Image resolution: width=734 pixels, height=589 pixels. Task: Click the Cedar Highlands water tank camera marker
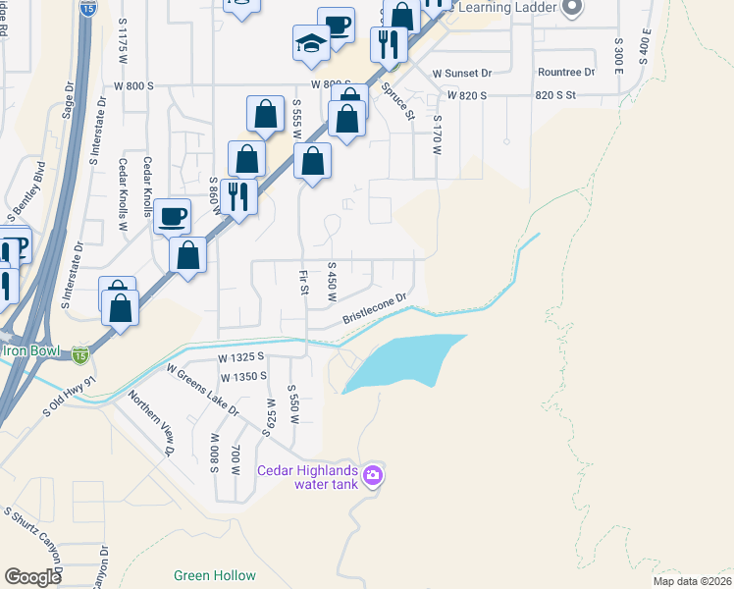click(x=372, y=477)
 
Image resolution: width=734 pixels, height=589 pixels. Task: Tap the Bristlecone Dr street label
click(x=374, y=309)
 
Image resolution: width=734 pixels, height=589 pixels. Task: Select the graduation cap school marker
click(x=310, y=43)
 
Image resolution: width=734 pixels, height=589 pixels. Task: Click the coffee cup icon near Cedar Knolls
click(x=172, y=216)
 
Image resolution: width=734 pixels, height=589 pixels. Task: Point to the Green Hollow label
click(x=214, y=576)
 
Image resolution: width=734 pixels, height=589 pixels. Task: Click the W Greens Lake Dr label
click(x=203, y=391)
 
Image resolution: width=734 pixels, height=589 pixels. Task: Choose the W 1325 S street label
click(x=242, y=359)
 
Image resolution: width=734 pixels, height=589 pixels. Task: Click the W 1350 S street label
click(x=244, y=377)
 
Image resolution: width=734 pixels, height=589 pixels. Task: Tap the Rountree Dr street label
click(x=566, y=73)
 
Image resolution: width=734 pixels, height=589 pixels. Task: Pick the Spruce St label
click(x=398, y=101)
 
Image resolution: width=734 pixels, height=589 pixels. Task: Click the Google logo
click(x=32, y=576)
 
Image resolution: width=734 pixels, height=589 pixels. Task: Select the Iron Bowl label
click(x=37, y=350)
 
